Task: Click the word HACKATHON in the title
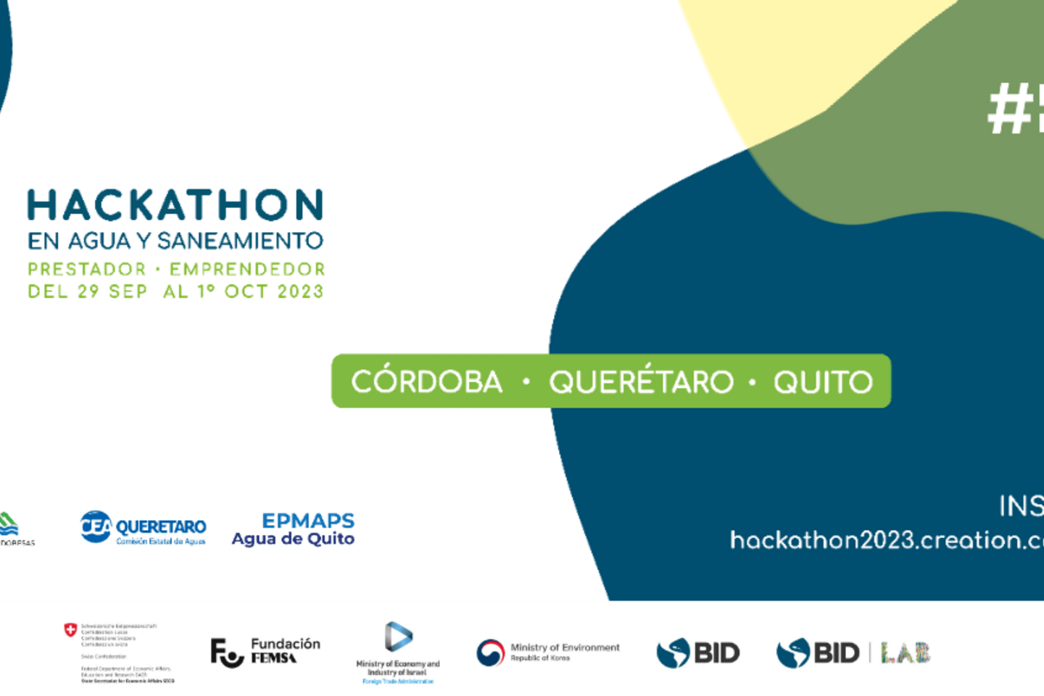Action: point(175,205)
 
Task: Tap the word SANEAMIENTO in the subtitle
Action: point(240,241)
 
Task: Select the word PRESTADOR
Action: point(87,269)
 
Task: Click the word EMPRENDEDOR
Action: point(247,269)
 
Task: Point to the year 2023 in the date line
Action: point(300,291)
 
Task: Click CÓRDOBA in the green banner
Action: point(426,381)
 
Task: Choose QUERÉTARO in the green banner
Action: point(641,381)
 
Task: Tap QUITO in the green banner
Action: point(823,381)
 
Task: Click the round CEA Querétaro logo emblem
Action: point(96,526)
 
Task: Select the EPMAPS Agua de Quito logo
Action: point(294,529)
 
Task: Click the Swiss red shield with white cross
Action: point(70,630)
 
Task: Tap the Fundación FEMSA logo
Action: point(265,652)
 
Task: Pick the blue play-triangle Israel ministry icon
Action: point(398,637)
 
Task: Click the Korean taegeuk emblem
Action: point(490,652)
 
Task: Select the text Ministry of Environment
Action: point(565,647)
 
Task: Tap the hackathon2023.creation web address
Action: point(886,540)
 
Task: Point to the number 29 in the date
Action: point(88,291)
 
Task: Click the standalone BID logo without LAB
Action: point(698,652)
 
